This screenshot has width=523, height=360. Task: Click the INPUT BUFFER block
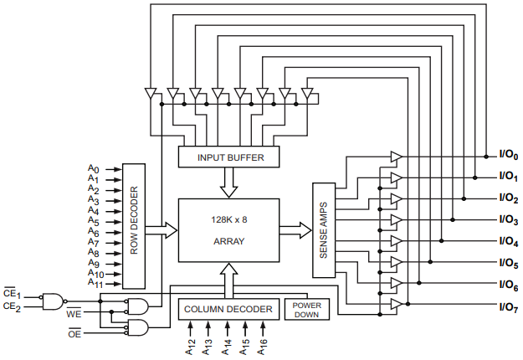point(228,157)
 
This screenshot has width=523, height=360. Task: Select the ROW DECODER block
point(134,226)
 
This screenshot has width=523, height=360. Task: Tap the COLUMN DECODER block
point(228,310)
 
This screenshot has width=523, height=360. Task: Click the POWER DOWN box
point(306,310)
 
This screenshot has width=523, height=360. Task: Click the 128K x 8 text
point(228,219)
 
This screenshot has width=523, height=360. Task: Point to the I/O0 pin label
point(509,156)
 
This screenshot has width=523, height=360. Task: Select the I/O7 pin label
point(509,307)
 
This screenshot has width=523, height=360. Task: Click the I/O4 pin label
point(509,242)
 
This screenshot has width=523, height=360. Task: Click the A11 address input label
point(95,283)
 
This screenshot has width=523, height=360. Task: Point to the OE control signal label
point(74,335)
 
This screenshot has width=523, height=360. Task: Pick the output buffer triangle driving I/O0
point(396,157)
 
